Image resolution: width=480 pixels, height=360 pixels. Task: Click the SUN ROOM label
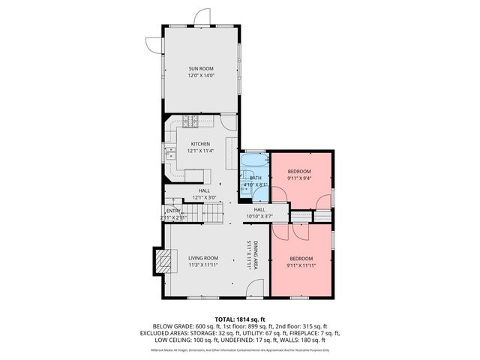tap(200, 68)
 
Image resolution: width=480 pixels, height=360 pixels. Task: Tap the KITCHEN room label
tap(200, 143)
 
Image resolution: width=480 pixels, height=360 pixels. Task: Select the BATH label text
tap(256, 178)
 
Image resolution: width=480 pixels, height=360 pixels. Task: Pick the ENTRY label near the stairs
tap(173, 211)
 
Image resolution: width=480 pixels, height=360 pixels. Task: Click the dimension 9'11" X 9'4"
tap(299, 179)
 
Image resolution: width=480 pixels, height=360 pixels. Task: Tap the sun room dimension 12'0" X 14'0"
tap(200, 76)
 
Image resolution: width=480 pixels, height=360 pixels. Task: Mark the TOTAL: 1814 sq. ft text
tap(239, 319)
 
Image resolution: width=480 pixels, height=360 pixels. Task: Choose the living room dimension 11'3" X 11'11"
tap(202, 265)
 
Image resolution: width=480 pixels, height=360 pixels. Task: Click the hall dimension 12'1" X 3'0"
tap(204, 197)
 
